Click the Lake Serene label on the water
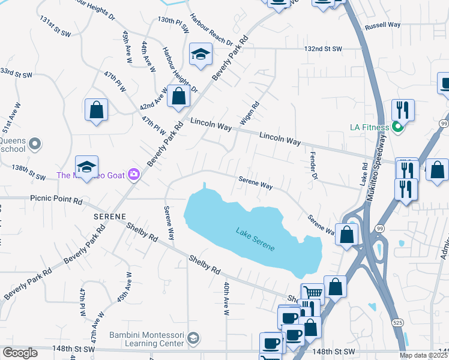tap(255, 238)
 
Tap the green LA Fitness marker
tap(396, 127)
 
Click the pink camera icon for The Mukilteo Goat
tap(133, 175)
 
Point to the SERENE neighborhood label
tap(109, 215)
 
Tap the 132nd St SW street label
tap(323, 49)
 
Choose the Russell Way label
tap(382, 25)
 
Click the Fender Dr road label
tap(313, 166)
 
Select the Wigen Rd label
tap(250, 112)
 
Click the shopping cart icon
tap(312, 293)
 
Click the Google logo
tap(20, 353)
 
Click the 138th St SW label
tap(29, 174)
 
